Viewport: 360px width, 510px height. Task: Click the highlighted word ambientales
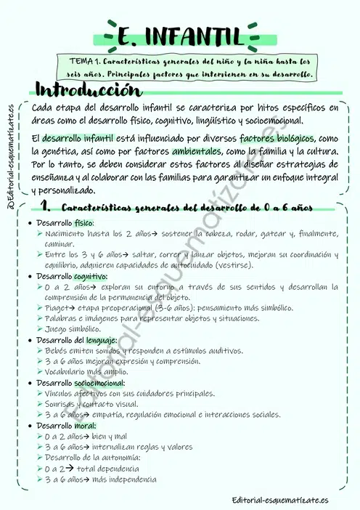pyautogui.click(x=197, y=152)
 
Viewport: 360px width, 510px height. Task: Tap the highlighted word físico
pyautogui.click(x=83, y=223)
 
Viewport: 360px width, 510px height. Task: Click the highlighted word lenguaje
pyautogui.click(x=99, y=340)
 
